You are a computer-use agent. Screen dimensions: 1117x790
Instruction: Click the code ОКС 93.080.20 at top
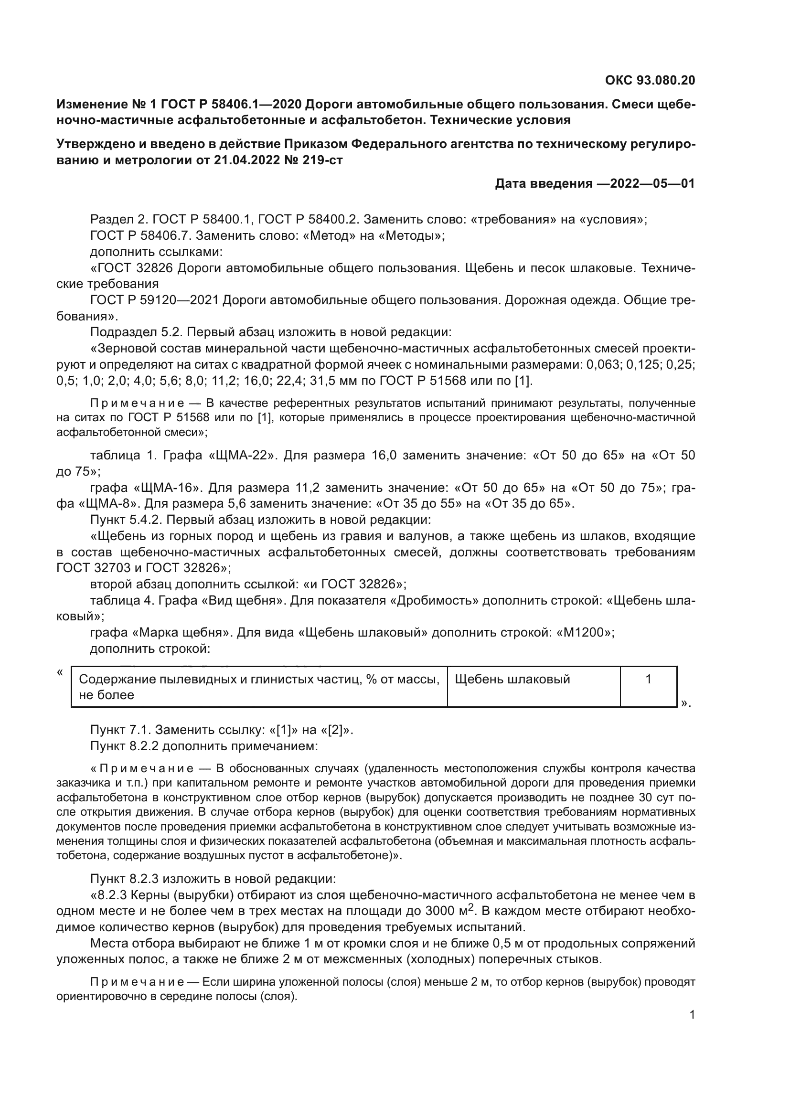[x=650, y=80]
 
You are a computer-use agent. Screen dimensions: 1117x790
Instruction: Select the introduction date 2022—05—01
[x=652, y=183]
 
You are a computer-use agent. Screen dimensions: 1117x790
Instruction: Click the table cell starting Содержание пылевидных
[x=259, y=686]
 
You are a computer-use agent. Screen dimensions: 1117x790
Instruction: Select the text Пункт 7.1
[x=119, y=730]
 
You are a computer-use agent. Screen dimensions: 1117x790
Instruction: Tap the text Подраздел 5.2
[x=136, y=332]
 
